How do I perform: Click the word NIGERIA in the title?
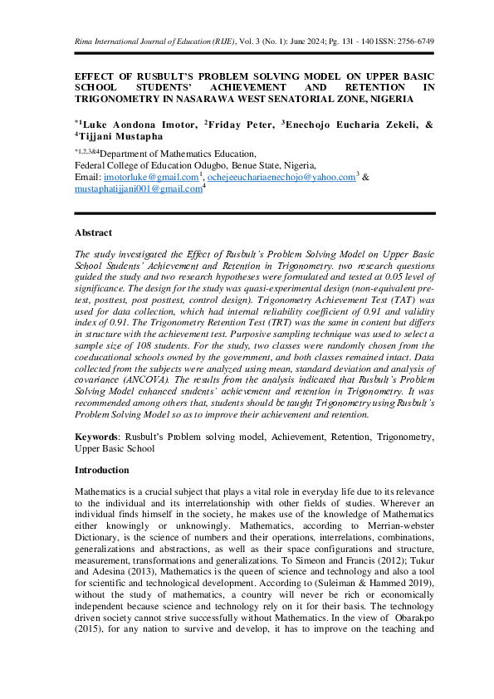click(x=389, y=99)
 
